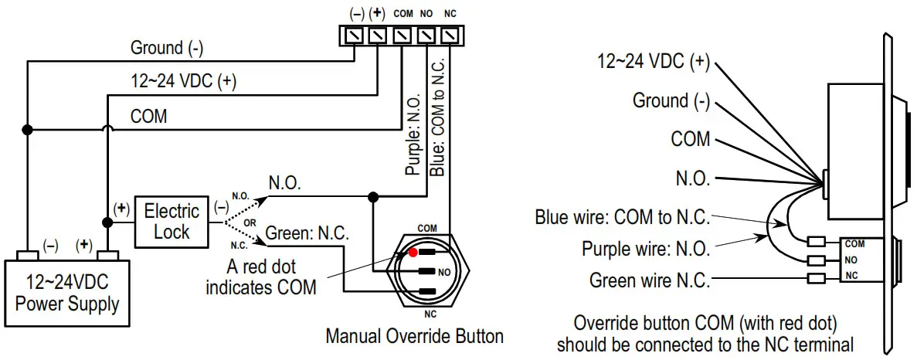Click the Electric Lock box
coord(172,222)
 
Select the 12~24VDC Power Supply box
coord(67,294)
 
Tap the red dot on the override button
coord(413,252)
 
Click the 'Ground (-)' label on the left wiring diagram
coord(167,48)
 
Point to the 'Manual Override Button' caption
coord(414,337)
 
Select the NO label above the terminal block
coord(426,14)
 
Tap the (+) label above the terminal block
coord(378,14)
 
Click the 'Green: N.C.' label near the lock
coord(307,232)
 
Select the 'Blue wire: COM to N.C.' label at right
coord(622,217)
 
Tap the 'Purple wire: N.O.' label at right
coord(646,249)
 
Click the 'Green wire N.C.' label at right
coord(649,280)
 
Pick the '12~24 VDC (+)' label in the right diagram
coord(654,62)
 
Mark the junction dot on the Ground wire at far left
coord(26,129)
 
